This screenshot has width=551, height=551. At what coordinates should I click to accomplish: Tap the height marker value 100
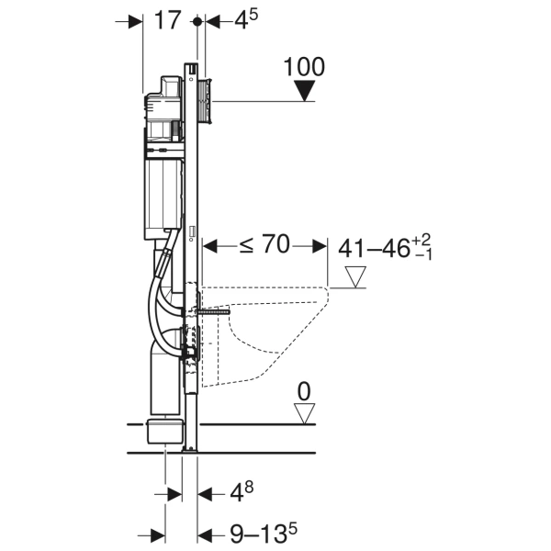tap(304, 67)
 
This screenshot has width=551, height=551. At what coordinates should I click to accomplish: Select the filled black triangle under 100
tap(304, 91)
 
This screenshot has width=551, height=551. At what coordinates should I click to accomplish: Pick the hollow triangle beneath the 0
tap(304, 412)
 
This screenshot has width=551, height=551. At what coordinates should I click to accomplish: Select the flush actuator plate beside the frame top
tap(207, 100)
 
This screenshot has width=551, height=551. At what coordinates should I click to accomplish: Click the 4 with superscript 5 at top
tap(241, 21)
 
